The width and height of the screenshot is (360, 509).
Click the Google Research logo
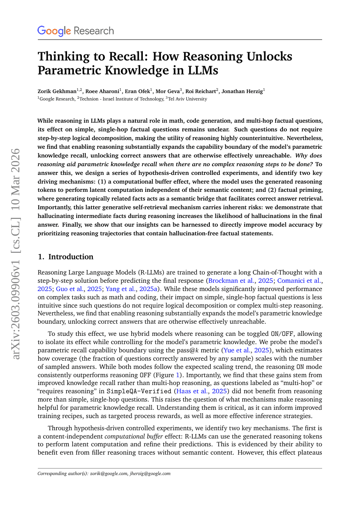click(x=75, y=31)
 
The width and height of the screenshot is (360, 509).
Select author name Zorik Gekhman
click(x=56, y=91)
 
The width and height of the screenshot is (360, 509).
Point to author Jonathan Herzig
click(x=242, y=91)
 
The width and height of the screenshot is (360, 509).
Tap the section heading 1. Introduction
click(x=66, y=257)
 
